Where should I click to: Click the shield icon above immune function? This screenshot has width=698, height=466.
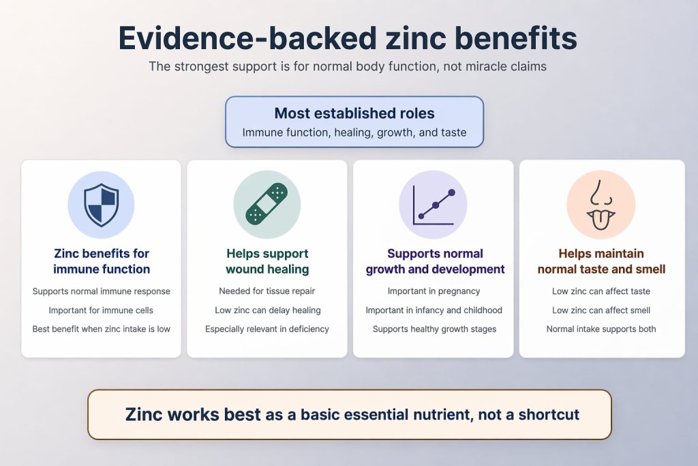pos(101,204)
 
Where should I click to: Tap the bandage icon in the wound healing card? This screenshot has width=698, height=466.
pos(267,205)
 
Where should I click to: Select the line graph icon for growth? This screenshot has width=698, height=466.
pos(433,204)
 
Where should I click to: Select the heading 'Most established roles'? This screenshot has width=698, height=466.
pos(354,113)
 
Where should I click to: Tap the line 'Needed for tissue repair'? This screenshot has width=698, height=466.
pos(267,291)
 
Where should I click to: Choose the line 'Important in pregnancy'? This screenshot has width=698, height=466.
pos(433,291)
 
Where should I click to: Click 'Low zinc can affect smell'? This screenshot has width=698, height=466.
pos(601,310)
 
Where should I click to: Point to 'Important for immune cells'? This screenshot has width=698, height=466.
pos(101,310)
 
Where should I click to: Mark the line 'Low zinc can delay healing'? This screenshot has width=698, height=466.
pos(267,310)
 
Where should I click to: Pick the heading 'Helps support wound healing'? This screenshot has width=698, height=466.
pos(267,261)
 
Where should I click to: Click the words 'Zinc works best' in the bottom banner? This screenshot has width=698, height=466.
pos(193,414)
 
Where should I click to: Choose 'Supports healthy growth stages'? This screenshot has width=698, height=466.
pos(434,329)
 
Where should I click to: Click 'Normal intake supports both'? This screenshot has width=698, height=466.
pos(601,329)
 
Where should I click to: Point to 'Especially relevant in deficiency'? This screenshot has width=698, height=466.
pos(267,329)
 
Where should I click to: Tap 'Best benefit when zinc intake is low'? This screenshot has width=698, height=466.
pos(101,329)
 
